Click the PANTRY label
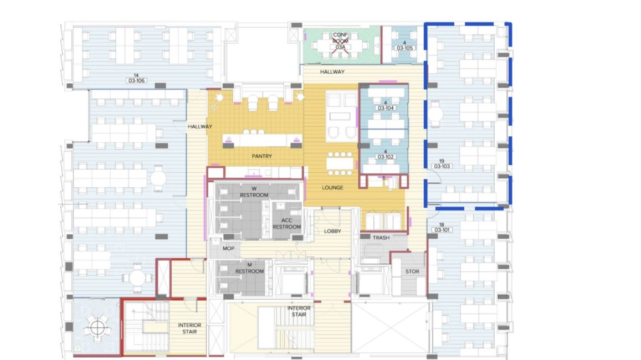261,156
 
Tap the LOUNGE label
332,188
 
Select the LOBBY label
332,231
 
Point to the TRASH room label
381,238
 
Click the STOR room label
412,271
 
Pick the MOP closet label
228,248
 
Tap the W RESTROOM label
254,192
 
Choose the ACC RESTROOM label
286,224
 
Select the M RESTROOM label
249,268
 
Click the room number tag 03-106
137,80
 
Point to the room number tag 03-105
404,48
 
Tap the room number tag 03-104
386,108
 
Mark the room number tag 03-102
386,157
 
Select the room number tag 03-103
442,166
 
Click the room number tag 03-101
442,230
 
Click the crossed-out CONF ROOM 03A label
340,41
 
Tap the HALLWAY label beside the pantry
200,126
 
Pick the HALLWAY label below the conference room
332,71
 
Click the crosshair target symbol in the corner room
98,327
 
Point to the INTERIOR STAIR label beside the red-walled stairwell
189,328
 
